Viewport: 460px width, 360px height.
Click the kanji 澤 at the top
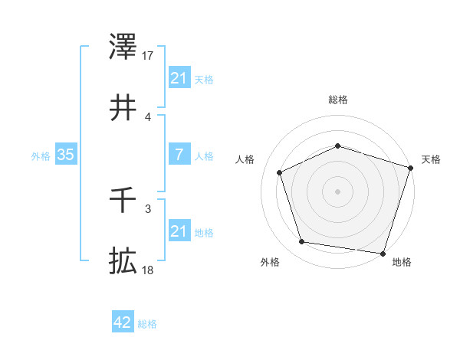pyautogui.click(x=123, y=47)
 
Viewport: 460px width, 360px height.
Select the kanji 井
pyautogui.click(x=123, y=108)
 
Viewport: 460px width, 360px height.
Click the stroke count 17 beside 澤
pyautogui.click(x=148, y=56)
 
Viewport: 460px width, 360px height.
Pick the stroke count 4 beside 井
pyautogui.click(x=147, y=116)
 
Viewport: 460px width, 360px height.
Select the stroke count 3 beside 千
pyautogui.click(x=147, y=208)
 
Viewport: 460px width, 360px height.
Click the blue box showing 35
pyautogui.click(x=65, y=155)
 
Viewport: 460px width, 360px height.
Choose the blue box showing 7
pyautogui.click(x=179, y=155)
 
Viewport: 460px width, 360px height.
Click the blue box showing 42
pyautogui.click(x=122, y=323)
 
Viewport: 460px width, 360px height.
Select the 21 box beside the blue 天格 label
pyautogui.click(x=179, y=78)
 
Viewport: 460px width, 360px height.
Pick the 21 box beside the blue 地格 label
pyautogui.click(x=179, y=231)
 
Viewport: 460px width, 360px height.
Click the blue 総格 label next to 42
pyautogui.click(x=147, y=324)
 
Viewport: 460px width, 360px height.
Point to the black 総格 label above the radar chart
pyautogui.click(x=337, y=100)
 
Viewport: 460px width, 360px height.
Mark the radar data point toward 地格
pyautogui.click(x=383, y=253)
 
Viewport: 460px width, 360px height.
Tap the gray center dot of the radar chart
pyautogui.click(x=337, y=191)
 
